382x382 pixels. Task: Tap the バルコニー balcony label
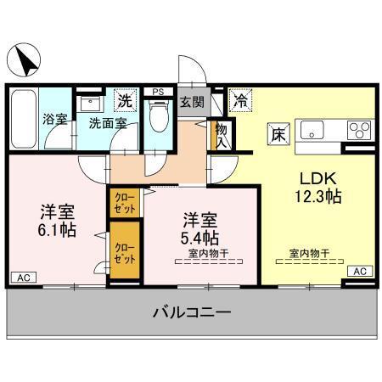pyautogui.click(x=192, y=313)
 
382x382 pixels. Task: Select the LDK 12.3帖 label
pyautogui.click(x=318, y=188)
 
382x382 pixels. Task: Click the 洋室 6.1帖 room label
pyautogui.click(x=57, y=220)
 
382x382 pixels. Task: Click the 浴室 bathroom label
pyautogui.click(x=55, y=120)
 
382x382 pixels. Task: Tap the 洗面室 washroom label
pyautogui.click(x=109, y=122)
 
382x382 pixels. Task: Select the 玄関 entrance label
pyautogui.click(x=191, y=103)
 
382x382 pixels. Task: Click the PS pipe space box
pyautogui.click(x=158, y=91)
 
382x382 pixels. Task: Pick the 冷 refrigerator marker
pyautogui.click(x=240, y=100)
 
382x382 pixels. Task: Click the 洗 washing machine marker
pyautogui.click(x=125, y=99)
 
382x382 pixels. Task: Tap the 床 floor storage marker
pyautogui.click(x=278, y=132)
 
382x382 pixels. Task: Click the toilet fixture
pyautogui.click(x=156, y=116)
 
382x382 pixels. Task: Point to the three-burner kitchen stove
pyautogui.click(x=358, y=132)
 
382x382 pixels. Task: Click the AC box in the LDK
pyautogui.click(x=360, y=271)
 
